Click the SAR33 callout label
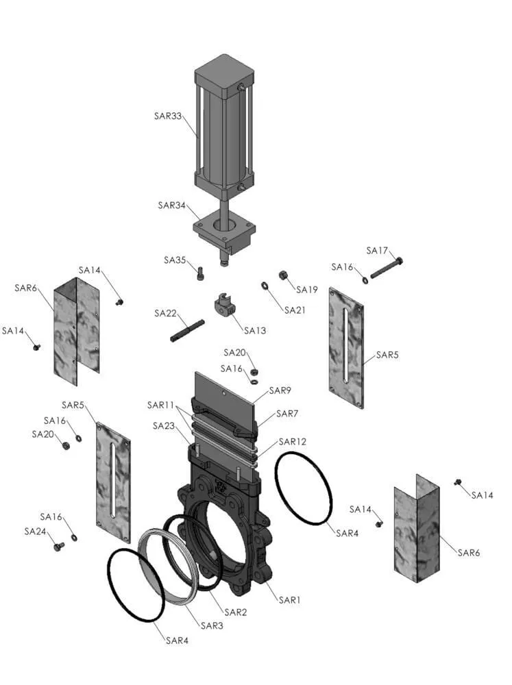167,116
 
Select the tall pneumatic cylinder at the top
224,127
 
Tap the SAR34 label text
171,206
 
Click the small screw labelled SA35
200,273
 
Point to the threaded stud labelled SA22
187,331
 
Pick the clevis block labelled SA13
225,304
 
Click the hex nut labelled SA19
282,275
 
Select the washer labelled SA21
265,286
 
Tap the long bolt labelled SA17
387,269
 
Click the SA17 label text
377,251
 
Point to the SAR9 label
280,390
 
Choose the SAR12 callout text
293,442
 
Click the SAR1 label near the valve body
289,600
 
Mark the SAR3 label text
212,625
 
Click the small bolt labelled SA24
58,547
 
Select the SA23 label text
164,426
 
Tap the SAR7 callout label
287,414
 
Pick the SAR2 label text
236,612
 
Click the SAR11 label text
160,406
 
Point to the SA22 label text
165,313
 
